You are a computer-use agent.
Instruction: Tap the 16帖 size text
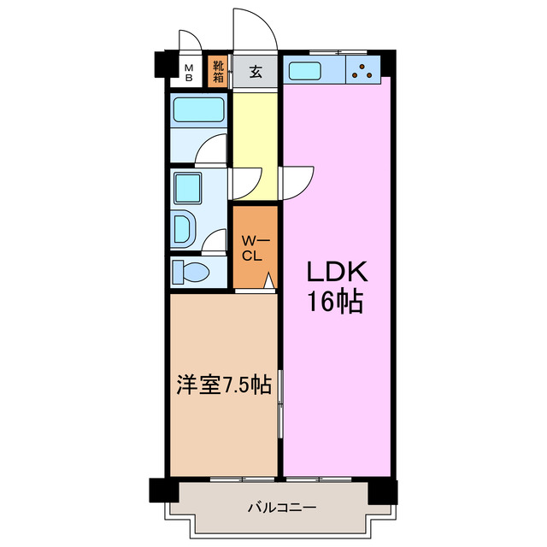pos(337,302)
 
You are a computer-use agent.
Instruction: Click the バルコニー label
pos(282,507)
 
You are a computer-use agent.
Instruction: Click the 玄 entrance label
pos(256,72)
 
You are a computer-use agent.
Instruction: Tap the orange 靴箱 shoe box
pos(218,71)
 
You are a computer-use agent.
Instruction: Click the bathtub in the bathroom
pos(198,110)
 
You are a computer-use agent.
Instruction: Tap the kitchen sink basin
pos(304,70)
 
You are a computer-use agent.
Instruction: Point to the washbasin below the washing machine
pos(185,229)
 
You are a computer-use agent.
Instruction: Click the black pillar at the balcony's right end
pos(384,491)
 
